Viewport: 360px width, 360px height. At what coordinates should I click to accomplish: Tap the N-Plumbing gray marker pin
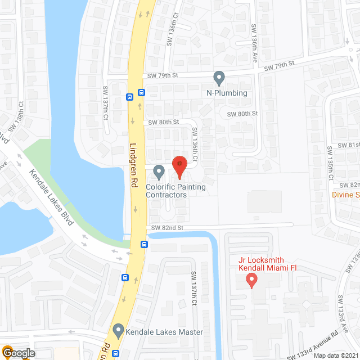219,78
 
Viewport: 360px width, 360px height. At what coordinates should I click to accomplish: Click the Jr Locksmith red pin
251,279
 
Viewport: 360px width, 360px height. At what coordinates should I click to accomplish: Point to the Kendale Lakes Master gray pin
118,331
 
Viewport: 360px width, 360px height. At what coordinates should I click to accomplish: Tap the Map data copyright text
336,355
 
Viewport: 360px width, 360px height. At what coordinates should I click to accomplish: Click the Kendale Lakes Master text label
165,332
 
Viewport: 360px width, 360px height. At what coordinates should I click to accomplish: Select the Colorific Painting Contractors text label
175,191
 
